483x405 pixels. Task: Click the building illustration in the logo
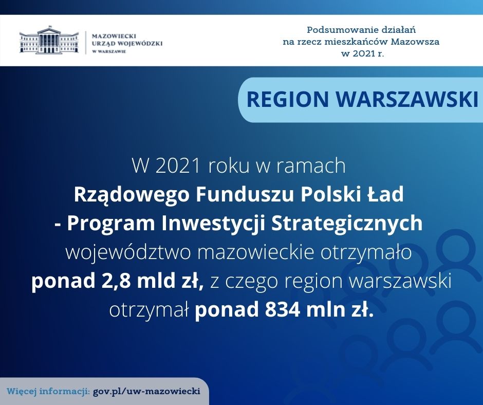click(49, 40)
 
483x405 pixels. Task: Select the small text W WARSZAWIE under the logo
click(109, 51)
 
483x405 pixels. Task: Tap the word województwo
click(128, 253)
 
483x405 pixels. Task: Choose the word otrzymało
click(366, 253)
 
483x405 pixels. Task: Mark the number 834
click(283, 310)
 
